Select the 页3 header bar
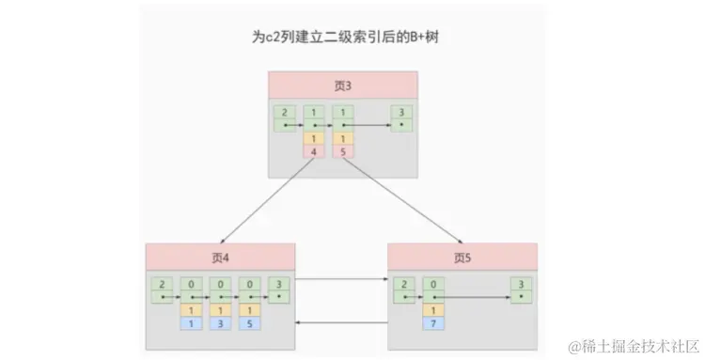click(343, 85)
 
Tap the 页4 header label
click(220, 258)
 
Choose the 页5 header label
click(462, 258)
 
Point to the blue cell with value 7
click(432, 323)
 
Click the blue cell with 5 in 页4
click(249, 323)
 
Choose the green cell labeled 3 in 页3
click(402, 117)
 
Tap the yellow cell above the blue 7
click(432, 309)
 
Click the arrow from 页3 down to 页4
click(268, 199)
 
